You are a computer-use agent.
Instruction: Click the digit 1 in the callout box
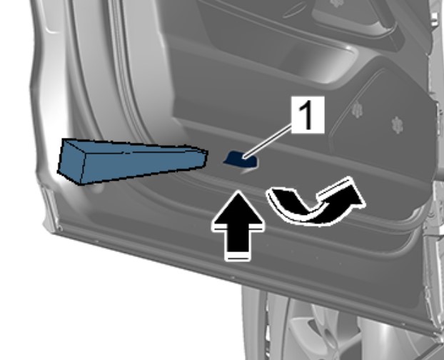[308, 115]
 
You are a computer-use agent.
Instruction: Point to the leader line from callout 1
[268, 141]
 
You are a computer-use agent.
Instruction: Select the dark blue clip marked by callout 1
[241, 159]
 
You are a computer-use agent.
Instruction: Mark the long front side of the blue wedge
[141, 166]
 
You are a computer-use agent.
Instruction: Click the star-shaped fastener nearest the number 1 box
[357, 110]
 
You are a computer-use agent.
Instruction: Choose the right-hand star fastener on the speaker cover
[398, 125]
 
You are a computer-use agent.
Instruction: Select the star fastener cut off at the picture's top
[336, 3]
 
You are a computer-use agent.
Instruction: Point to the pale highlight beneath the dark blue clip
[247, 171]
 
